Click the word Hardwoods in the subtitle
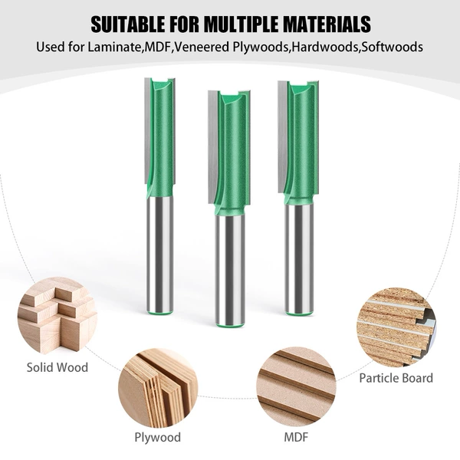point(325,47)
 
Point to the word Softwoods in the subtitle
point(392,47)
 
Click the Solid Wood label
point(58,367)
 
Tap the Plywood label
point(157,438)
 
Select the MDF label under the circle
point(296,437)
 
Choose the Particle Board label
point(396,378)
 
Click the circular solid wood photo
point(58,316)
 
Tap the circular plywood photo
point(158,388)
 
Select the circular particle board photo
point(396,327)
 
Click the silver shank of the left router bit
point(159,255)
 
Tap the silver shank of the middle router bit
point(230,270)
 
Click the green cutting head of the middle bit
point(232,153)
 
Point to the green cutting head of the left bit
point(161,137)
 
